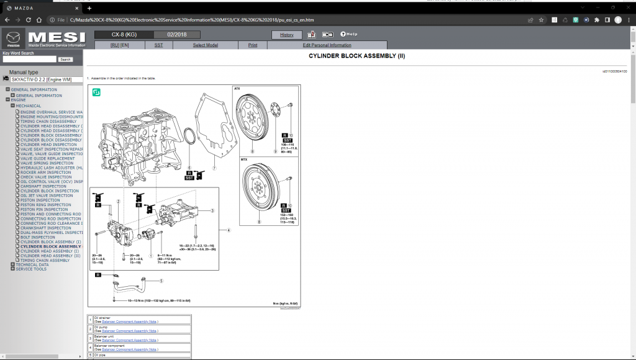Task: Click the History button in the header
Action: (287, 35)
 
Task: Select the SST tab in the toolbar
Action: (158, 45)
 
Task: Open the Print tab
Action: (253, 45)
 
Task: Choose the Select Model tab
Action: (205, 45)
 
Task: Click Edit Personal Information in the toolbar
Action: (327, 45)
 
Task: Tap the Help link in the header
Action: (348, 34)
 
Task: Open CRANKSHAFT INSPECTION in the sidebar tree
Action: (45, 228)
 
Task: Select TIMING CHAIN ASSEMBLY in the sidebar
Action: (45, 260)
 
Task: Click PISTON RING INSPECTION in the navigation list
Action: (45, 205)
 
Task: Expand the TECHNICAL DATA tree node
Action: (12, 264)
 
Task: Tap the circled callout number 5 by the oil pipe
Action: (161, 281)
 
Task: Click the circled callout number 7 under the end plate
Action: (213, 168)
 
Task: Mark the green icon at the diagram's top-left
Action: (97, 92)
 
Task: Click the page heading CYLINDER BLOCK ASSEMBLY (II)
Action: (357, 56)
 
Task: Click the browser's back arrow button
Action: (7, 20)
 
